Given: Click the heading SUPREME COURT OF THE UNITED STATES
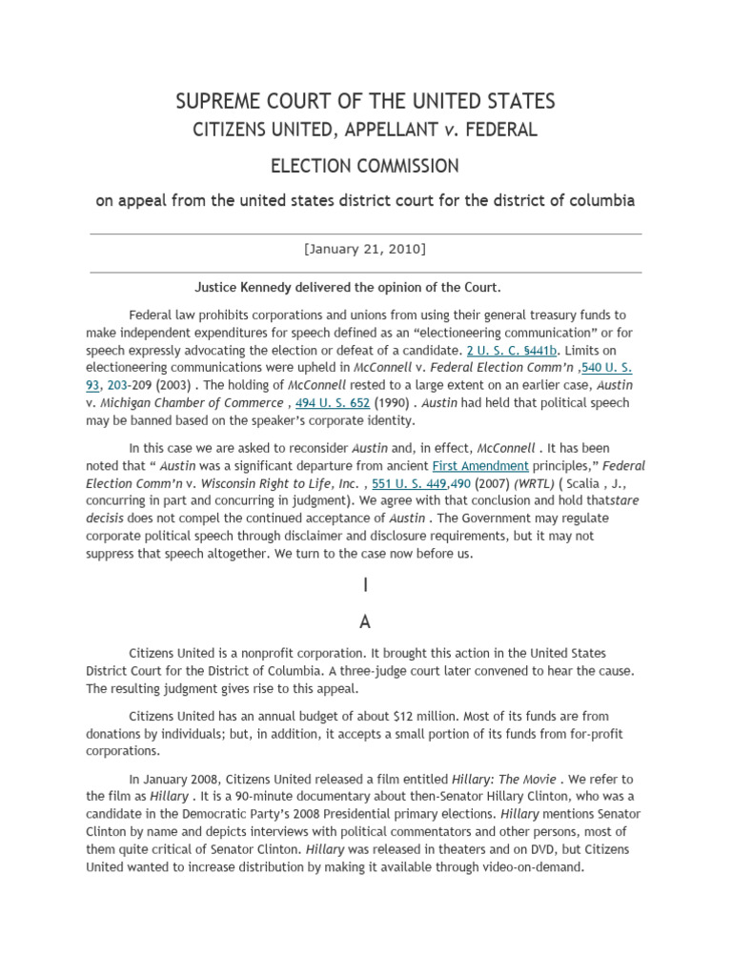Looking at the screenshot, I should (x=365, y=101).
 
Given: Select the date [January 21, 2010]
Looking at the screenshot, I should (x=365, y=249).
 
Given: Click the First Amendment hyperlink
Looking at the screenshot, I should (x=480, y=465).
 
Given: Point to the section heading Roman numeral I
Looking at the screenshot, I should (x=365, y=587).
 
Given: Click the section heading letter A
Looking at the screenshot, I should (x=365, y=621).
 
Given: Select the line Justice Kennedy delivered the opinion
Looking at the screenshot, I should (x=348, y=287).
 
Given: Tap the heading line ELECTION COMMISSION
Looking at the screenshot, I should (x=365, y=166).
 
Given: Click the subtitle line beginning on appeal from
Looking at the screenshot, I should (x=365, y=201).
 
